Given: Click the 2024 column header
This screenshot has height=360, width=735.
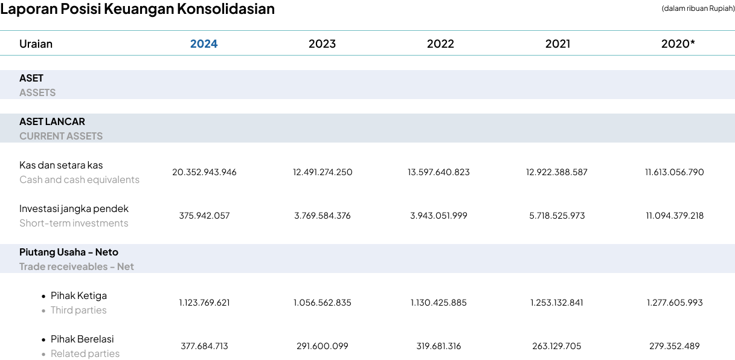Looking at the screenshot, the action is [204, 43].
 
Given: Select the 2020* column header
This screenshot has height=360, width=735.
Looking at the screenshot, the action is [678, 43].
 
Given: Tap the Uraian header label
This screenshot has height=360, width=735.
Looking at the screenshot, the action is [36, 43].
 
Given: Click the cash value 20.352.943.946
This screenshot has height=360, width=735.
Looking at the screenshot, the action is [204, 172].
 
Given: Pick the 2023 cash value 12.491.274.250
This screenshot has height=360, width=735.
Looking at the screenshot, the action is [323, 172].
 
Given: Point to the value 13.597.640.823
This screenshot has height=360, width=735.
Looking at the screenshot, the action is [438, 172].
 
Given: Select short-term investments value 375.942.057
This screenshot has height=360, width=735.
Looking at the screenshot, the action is [204, 216].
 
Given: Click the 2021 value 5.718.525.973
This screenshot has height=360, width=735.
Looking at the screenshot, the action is [557, 216].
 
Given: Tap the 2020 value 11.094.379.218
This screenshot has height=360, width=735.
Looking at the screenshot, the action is [675, 216].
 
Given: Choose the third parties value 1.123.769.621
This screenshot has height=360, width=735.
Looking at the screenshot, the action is [204, 302].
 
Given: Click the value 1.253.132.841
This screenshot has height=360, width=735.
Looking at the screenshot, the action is [557, 302].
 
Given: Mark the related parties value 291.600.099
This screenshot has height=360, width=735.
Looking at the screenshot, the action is [323, 346].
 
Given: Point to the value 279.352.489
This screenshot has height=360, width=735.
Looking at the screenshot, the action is [675, 346].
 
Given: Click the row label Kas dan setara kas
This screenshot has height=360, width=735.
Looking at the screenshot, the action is [61, 165].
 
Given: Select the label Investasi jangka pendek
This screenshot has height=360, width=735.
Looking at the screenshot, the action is [74, 209].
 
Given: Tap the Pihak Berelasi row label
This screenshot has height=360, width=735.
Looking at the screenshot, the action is [82, 339].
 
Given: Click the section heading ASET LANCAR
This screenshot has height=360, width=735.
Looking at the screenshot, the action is [52, 121].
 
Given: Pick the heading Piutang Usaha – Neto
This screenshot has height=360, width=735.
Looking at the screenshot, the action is [69, 252].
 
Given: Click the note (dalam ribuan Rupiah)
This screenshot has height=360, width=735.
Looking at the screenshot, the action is [698, 8].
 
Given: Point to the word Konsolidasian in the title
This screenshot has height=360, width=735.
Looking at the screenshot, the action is [226, 8].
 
